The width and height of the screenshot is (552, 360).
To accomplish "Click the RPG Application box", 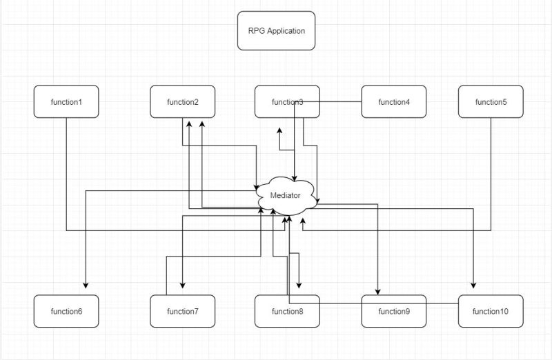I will pyautogui.click(x=276, y=30).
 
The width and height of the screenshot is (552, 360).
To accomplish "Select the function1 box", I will pyautogui.click(x=66, y=102).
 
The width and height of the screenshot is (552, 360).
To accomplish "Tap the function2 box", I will pyautogui.click(x=182, y=102).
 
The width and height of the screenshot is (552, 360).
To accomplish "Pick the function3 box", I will pyautogui.click(x=286, y=102).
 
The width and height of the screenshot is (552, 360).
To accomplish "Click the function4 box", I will pyautogui.click(x=394, y=102).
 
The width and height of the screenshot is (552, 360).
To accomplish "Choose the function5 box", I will pyautogui.click(x=491, y=102).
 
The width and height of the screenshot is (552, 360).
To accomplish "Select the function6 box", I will pyautogui.click(x=66, y=311).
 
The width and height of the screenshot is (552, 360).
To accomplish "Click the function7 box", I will pyautogui.click(x=182, y=311).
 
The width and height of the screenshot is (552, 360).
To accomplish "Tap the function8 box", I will pyautogui.click(x=286, y=311).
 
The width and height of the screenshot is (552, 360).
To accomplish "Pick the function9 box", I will pyautogui.click(x=394, y=311).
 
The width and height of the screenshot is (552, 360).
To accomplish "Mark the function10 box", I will pyautogui.click(x=491, y=311).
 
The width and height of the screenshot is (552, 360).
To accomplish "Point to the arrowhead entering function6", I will pyautogui.click(x=86, y=285).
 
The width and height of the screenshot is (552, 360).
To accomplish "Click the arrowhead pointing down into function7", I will pyautogui.click(x=182, y=285).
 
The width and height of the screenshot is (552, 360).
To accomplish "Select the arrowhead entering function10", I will pyautogui.click(x=474, y=285).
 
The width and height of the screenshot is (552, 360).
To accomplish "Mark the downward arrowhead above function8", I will pyautogui.click(x=299, y=285).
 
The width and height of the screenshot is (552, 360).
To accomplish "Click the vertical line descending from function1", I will pyautogui.click(x=66, y=172).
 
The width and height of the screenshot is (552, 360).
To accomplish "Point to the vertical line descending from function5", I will pyautogui.click(x=491, y=172).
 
